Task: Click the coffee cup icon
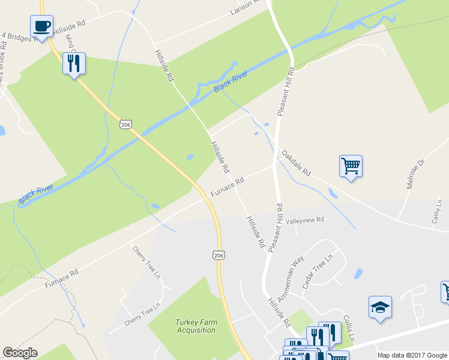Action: click(x=41, y=26)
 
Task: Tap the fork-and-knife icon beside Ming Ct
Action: click(x=74, y=63)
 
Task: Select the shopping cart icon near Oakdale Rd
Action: click(x=351, y=166)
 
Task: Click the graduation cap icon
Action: click(x=380, y=308)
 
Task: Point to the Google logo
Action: click(x=20, y=353)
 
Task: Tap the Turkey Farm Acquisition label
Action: click(x=196, y=326)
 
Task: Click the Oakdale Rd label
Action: click(x=296, y=163)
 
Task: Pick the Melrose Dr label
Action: click(x=415, y=174)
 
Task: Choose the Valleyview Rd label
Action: click(x=304, y=220)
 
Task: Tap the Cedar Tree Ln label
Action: click(x=318, y=271)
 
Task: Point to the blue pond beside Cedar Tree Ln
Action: click(x=359, y=273)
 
